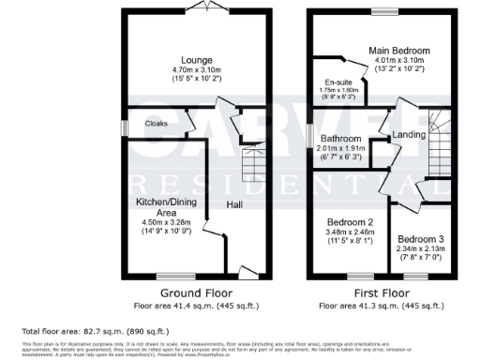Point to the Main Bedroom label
398,50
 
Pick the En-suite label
337,82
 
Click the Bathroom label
342,140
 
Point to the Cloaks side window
123,124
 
